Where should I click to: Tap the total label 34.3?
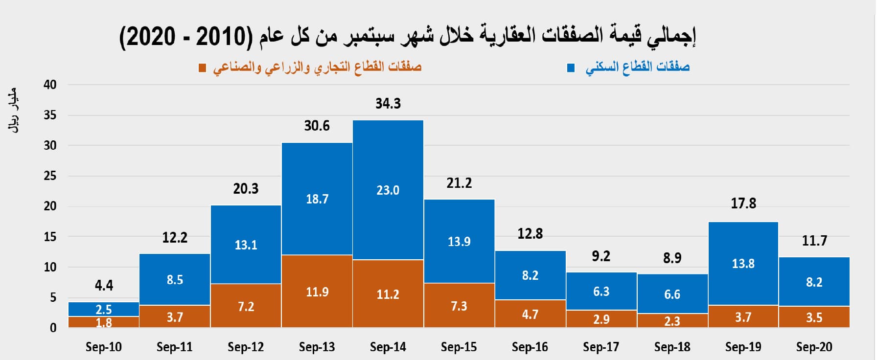[388, 103]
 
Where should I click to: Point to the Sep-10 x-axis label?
[103, 347]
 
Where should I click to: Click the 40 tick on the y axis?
[50, 85]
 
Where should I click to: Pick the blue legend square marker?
[571, 67]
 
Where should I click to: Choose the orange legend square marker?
[202, 67]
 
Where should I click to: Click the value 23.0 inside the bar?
[388, 190]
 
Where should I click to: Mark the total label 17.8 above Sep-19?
[743, 203]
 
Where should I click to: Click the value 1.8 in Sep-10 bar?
[104, 323]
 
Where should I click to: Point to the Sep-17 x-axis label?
[601, 347]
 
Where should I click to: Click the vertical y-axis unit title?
[13, 110]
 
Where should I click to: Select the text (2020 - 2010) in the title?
[186, 37]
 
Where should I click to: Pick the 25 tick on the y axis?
[50, 176]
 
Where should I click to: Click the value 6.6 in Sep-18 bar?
[672, 294]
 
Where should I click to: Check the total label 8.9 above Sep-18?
[672, 258]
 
